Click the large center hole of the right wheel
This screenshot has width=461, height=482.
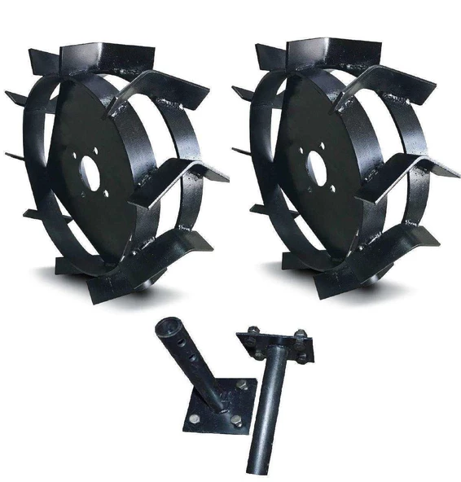(315, 169)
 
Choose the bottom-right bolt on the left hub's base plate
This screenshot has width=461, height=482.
(236, 421)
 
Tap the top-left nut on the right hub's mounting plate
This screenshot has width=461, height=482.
(253, 335)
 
